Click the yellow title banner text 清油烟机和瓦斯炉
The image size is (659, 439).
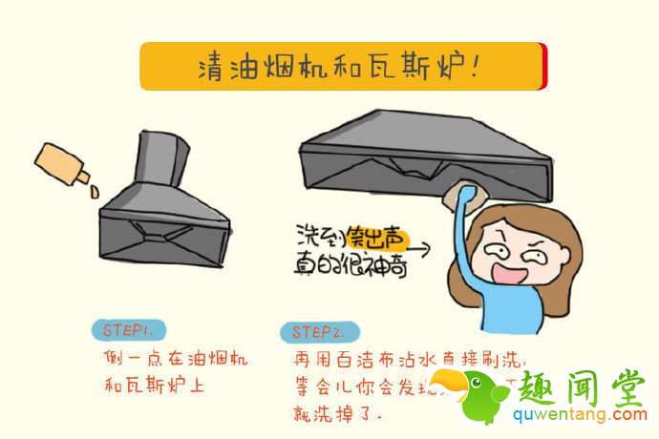click(x=338, y=66)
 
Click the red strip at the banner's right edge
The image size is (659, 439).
click(x=542, y=66)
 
